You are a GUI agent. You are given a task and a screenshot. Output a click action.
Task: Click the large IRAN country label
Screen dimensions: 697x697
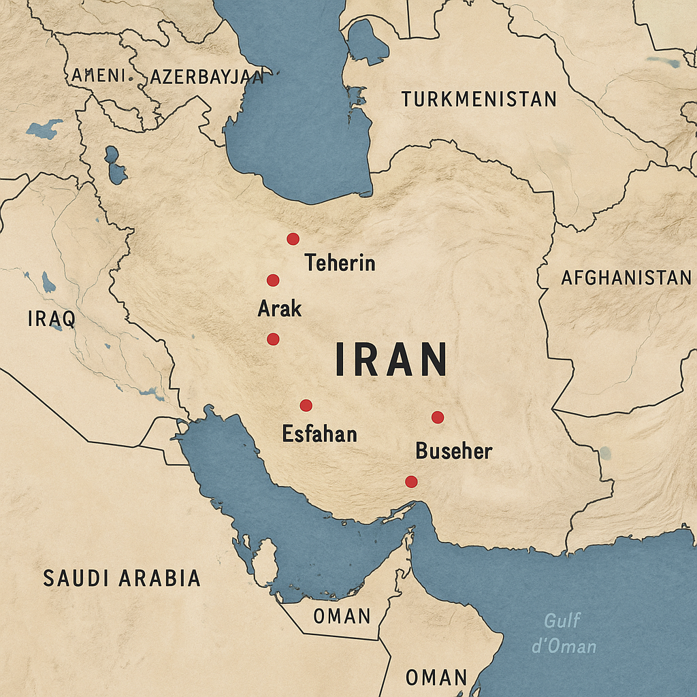(x=391, y=359)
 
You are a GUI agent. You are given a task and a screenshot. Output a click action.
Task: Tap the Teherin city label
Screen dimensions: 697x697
(x=340, y=262)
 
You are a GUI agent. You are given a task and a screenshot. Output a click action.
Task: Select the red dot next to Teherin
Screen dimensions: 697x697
(x=293, y=238)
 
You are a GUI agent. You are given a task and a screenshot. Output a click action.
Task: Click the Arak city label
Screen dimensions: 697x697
(x=279, y=308)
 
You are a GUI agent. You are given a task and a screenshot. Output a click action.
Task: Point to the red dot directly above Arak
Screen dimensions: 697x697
(x=273, y=280)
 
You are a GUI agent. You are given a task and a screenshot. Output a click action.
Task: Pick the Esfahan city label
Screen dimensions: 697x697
(x=319, y=434)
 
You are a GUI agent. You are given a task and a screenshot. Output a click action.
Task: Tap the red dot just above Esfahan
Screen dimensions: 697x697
(x=306, y=405)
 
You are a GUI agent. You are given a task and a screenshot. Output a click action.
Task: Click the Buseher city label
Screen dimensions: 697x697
(x=453, y=450)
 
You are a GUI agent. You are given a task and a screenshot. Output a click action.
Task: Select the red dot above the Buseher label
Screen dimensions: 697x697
(x=438, y=417)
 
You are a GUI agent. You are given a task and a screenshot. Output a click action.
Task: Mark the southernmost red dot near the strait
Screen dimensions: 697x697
(x=411, y=481)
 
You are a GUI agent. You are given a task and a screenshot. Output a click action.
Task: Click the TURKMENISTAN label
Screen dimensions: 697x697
(x=479, y=99)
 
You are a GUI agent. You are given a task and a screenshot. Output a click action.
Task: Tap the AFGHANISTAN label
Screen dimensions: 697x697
(x=626, y=277)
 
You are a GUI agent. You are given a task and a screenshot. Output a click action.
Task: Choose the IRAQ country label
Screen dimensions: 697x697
(x=51, y=318)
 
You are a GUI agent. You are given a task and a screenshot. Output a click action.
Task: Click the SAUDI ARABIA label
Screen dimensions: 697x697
(x=122, y=578)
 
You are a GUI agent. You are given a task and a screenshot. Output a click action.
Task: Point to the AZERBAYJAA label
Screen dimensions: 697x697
(x=206, y=77)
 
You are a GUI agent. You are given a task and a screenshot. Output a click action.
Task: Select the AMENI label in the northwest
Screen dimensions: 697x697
(x=98, y=75)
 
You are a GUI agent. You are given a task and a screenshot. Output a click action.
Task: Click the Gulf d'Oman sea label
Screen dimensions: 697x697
(x=564, y=633)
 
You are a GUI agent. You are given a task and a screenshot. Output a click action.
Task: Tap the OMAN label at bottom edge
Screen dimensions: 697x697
(x=436, y=677)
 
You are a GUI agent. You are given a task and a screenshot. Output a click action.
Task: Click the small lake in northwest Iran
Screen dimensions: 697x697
(x=115, y=165)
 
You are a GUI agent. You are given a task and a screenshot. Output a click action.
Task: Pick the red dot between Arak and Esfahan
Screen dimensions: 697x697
(x=273, y=338)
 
